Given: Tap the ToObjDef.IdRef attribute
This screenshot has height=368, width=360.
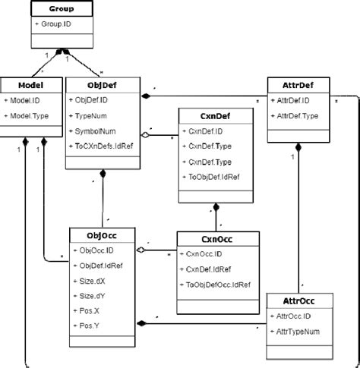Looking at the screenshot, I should tap(214, 177).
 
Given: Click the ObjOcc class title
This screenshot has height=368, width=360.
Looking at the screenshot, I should tap(103, 235).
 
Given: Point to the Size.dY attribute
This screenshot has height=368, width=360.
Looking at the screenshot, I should tap(93, 295).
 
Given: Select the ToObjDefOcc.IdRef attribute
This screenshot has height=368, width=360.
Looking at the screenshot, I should tap(218, 285).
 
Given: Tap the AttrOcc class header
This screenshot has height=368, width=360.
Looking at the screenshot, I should tap(298, 300).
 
